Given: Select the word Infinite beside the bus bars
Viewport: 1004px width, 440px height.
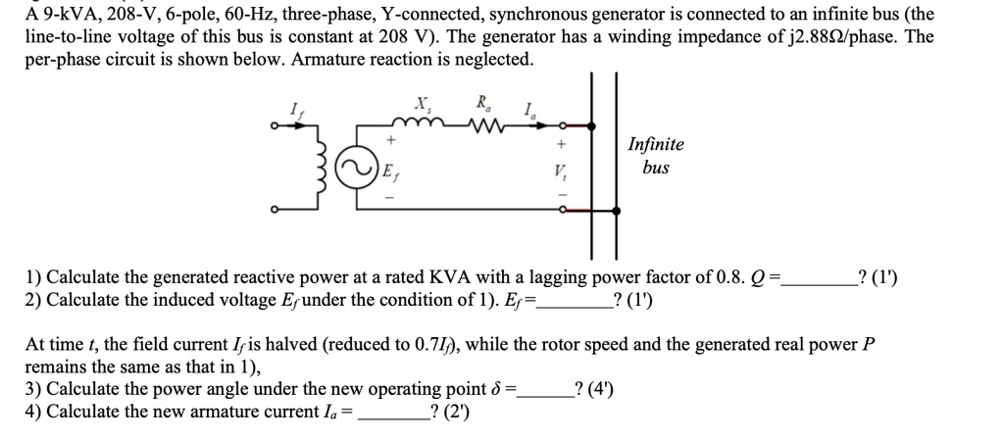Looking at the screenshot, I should [656, 145].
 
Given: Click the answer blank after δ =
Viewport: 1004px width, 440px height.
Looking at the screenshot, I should [544, 390].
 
